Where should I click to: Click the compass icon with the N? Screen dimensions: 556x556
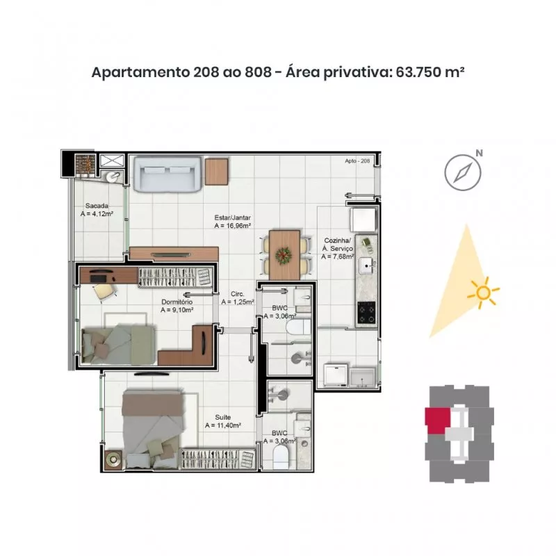pyautogui.click(x=463, y=172)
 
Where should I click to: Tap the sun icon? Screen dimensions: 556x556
pyautogui.click(x=483, y=293)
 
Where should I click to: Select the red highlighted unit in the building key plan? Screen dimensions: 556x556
pyautogui.click(x=438, y=420)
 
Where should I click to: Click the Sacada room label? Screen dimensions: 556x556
pyautogui.click(x=97, y=206)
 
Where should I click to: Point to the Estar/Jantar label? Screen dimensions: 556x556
pyautogui.click(x=233, y=218)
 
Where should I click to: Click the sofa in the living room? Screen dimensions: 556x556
pyautogui.click(x=167, y=174)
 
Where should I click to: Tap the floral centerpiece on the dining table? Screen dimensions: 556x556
pyautogui.click(x=284, y=255)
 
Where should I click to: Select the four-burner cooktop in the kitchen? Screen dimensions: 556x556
pyautogui.click(x=366, y=312)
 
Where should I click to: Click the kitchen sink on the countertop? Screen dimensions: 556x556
pyautogui.click(x=366, y=265)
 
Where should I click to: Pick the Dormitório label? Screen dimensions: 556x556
pyautogui.click(x=177, y=302)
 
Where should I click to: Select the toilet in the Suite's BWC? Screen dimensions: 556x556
pyautogui.click(x=281, y=457)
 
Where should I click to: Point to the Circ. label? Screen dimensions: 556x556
pyautogui.click(x=238, y=294)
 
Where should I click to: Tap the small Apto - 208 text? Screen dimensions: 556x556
pyautogui.click(x=357, y=161)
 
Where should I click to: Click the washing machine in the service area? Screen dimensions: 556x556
pyautogui.click(x=336, y=375)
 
